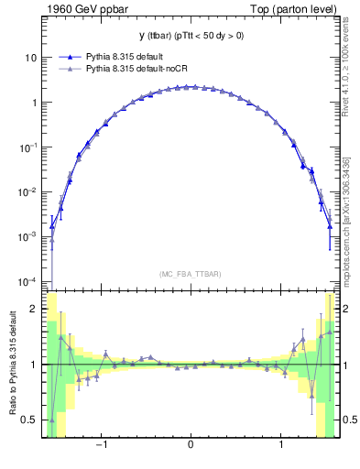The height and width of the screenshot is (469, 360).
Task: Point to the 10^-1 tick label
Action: tap(28, 147)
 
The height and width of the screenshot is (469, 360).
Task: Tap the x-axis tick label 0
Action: tap(190, 448)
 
